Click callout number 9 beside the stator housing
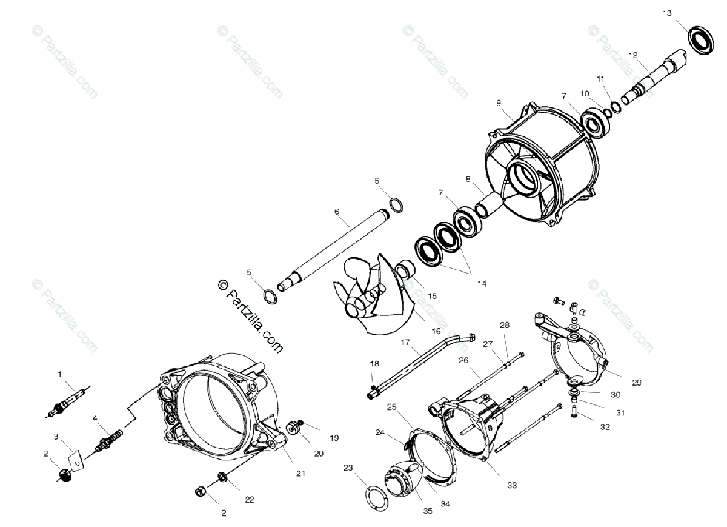498,103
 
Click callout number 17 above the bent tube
405,342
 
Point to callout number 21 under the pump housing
300,472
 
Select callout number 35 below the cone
428,511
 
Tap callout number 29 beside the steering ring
636,383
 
